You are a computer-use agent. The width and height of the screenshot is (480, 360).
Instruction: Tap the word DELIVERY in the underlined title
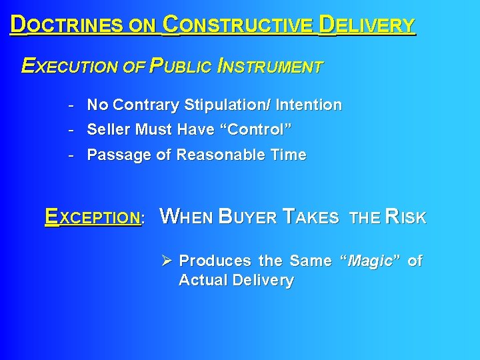367,25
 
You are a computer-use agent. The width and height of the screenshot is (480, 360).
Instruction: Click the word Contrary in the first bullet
146,105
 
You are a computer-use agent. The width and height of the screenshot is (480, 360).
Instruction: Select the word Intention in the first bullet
310,105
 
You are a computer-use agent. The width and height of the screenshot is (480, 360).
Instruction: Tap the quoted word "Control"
260,129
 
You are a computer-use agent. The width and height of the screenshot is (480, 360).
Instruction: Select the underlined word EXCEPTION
93,217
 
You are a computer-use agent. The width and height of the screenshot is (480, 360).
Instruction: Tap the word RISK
405,217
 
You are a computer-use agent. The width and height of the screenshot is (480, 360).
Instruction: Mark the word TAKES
311,217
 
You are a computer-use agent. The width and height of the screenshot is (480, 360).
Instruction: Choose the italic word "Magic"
370,261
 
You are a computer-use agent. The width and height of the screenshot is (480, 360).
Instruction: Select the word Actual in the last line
203,281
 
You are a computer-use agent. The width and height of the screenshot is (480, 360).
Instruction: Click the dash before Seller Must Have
70,129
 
